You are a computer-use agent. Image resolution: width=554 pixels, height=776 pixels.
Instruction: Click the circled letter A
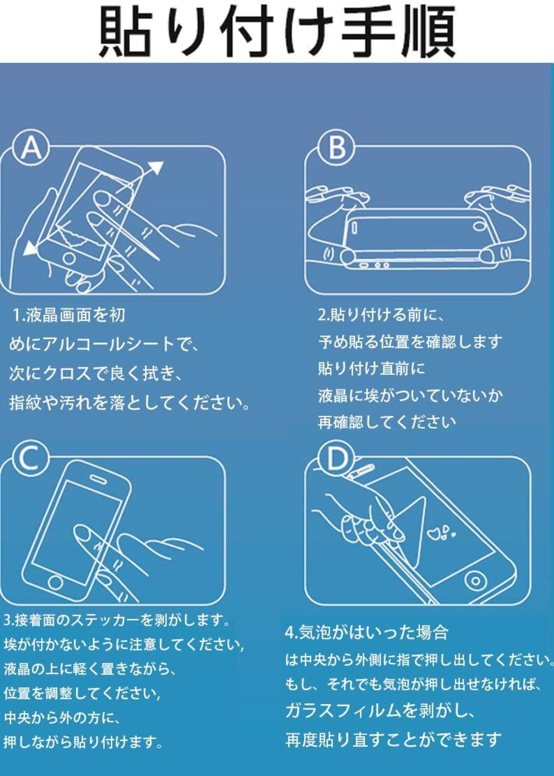pos(31,148)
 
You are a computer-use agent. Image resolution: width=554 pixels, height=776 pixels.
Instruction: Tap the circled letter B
pos(337,148)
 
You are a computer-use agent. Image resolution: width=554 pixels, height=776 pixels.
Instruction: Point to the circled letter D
pos(337,459)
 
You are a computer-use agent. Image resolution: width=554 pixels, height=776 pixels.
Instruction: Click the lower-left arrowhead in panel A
pos(31,248)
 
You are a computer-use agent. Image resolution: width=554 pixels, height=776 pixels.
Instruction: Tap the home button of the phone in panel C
pos(55,582)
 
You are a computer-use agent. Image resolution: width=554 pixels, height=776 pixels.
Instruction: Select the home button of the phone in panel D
pos(475,580)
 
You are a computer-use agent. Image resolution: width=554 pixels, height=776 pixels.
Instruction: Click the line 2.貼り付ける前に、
pos(381,315)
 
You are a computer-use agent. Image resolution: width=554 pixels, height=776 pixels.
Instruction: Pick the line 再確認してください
pos(387,422)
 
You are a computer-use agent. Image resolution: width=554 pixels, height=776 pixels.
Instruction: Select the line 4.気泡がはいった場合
pos(366,633)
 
